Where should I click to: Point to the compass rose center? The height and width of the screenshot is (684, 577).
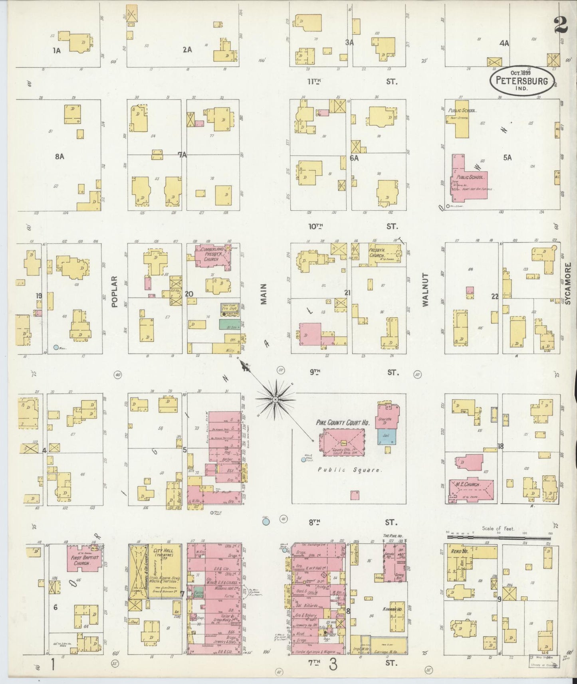[x=276, y=399]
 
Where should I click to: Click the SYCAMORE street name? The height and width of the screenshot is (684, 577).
[x=568, y=283]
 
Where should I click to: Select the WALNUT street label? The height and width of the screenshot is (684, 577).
[x=425, y=290]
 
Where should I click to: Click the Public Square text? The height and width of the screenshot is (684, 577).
[x=350, y=470]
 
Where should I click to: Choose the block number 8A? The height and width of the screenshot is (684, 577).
[x=59, y=156]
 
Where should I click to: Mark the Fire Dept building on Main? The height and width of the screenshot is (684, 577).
[x=230, y=308]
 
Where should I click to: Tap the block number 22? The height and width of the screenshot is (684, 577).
[x=495, y=296]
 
